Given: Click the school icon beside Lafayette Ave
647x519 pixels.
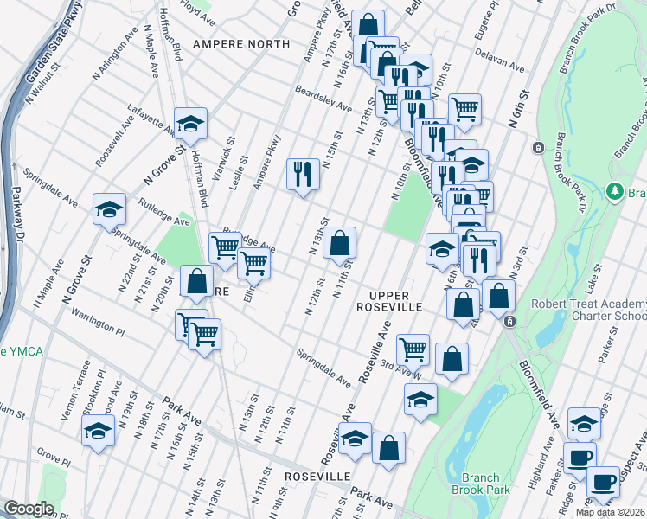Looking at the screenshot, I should [190, 124].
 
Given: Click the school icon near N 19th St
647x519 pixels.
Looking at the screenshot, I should [98, 430].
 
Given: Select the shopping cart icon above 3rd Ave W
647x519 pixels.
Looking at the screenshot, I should [413, 349].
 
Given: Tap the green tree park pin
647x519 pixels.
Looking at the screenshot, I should [615, 190].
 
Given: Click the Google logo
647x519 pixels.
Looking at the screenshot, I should [29, 509].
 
